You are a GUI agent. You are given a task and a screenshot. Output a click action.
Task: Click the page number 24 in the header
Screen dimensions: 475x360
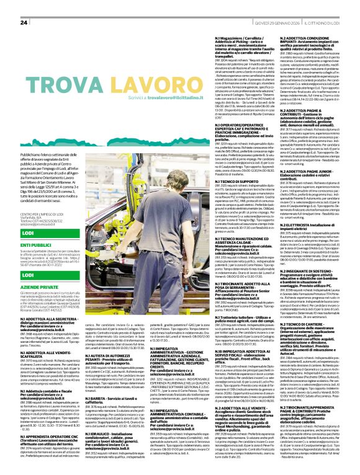click(24, 22)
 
